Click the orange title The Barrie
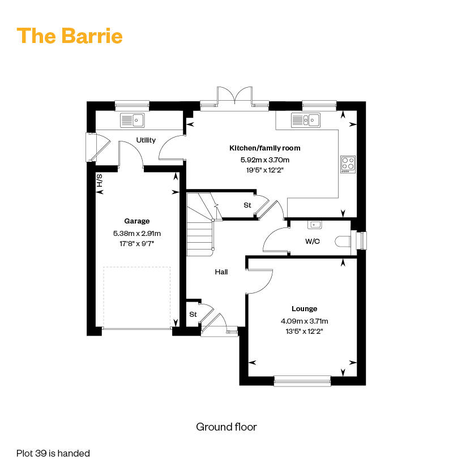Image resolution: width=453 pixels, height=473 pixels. [70, 36]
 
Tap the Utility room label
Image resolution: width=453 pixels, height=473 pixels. [146, 140]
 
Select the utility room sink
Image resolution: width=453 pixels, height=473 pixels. [133, 120]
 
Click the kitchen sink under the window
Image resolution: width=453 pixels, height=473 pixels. [306, 120]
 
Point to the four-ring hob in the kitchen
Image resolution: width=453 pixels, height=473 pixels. [348, 164]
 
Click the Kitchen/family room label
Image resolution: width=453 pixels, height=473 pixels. [265, 148]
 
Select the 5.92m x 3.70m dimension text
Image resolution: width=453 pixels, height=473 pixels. [265, 160]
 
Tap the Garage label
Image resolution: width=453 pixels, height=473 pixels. [137, 221]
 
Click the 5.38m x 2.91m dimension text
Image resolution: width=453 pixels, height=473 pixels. [137, 233]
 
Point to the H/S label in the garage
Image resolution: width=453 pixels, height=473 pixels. [99, 180]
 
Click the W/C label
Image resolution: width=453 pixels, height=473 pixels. [312, 242]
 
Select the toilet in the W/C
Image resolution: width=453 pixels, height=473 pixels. [343, 242]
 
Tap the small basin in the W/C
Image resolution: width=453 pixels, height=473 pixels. [315, 225]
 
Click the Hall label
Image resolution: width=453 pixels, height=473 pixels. [221, 272]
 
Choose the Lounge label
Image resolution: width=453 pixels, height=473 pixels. [305, 308]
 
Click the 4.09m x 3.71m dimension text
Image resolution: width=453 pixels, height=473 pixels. [305, 321]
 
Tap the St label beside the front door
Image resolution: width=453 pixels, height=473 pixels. [193, 315]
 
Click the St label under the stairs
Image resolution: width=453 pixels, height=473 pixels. [247, 205]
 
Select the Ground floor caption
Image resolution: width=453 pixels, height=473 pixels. [226, 427]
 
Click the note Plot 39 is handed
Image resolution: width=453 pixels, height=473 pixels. [53, 453]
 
